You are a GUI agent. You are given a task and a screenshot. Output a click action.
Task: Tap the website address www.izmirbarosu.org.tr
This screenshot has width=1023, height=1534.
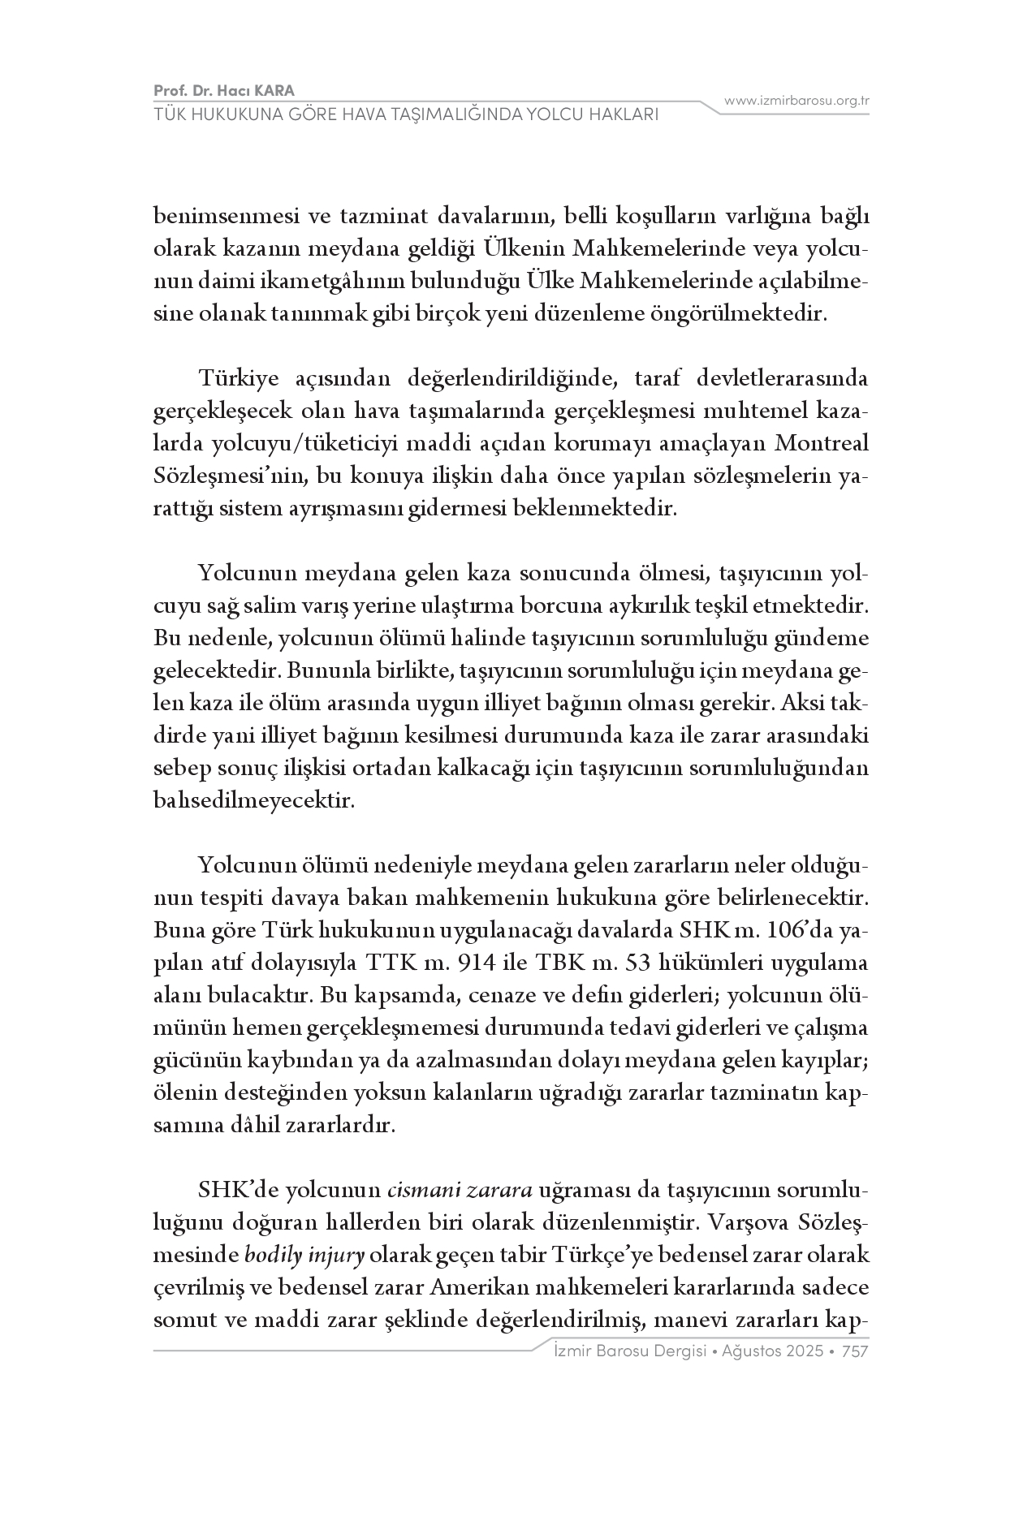pyautogui.click(x=796, y=101)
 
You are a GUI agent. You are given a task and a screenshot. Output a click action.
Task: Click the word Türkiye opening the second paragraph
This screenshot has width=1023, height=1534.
pyautogui.click(x=236, y=378)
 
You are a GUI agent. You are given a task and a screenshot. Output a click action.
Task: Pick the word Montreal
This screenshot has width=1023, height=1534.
pyautogui.click(x=822, y=443)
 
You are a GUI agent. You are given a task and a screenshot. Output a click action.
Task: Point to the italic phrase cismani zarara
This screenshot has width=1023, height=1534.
pyautogui.click(x=460, y=1191)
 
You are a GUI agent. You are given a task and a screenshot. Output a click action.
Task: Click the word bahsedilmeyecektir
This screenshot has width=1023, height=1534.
pyautogui.click(x=254, y=800)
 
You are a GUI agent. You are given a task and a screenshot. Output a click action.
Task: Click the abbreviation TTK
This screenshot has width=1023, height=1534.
pyautogui.click(x=391, y=963)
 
